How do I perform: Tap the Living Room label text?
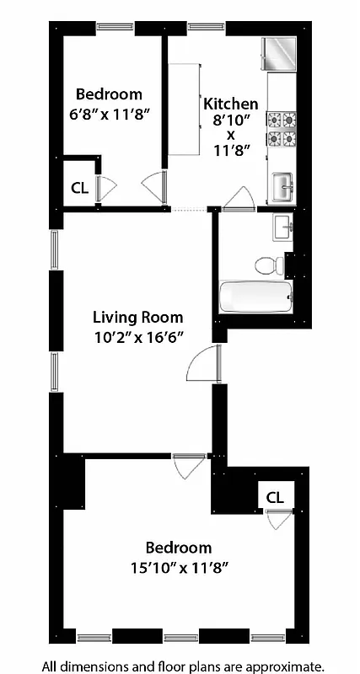(137, 318)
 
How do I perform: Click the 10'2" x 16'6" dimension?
(137, 336)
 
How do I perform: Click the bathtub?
(255, 297)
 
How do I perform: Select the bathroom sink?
(282, 226)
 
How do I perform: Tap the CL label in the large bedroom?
(275, 497)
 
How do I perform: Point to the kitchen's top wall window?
(205, 26)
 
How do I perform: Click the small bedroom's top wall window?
(115, 26)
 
